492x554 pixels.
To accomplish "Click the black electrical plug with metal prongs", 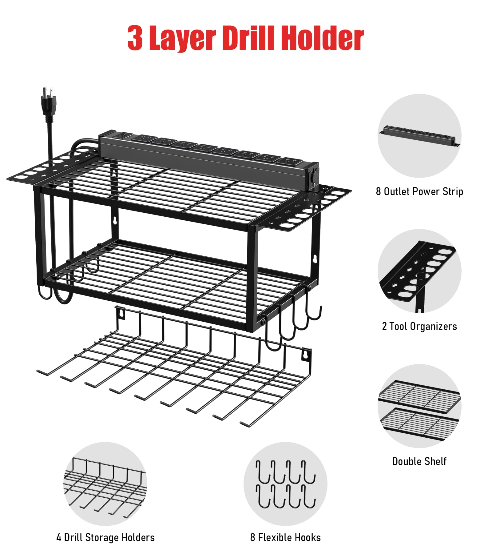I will click(x=49, y=102).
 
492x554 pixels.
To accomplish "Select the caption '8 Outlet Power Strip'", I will click(x=419, y=191).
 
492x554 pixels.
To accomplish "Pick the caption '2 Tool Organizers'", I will click(x=419, y=326).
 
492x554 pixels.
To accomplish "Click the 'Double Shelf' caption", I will click(x=419, y=461).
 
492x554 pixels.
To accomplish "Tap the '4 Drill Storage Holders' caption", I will click(x=105, y=537).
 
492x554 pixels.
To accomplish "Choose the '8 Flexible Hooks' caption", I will click(x=285, y=537).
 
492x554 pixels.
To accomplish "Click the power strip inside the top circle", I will click(x=420, y=135).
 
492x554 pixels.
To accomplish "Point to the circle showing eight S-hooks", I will click(x=285, y=484).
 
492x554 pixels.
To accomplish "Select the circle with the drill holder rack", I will click(x=105, y=484).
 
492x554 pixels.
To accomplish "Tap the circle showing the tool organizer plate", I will click(x=419, y=271).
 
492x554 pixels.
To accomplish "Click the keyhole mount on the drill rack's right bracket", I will click(x=305, y=355).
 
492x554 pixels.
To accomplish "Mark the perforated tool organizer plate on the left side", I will click(x=49, y=168).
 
